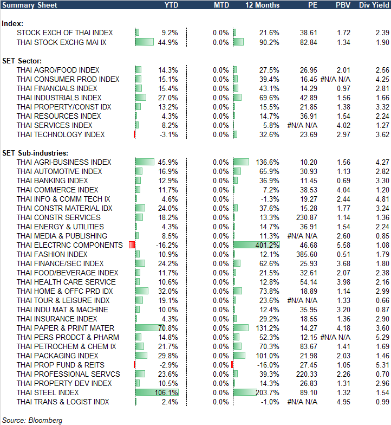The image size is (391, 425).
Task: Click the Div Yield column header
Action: tap(373, 5)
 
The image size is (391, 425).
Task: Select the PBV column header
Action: tap(343, 5)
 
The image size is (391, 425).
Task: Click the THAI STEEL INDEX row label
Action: tap(48, 392)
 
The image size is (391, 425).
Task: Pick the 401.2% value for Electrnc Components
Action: tap(269, 245)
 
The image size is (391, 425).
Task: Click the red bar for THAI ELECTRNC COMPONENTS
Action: tap(132, 245)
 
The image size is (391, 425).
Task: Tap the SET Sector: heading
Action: tap(23, 60)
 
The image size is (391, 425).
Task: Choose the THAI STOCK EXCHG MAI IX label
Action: tap(61, 42)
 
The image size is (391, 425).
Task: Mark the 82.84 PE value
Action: tap(309, 42)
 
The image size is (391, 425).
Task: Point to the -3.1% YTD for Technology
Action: tap(168, 134)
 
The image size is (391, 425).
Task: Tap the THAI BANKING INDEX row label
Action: tap(52, 181)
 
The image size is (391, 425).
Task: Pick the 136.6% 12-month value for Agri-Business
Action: tap(269, 162)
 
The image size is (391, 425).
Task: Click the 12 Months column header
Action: tap(263, 5)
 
